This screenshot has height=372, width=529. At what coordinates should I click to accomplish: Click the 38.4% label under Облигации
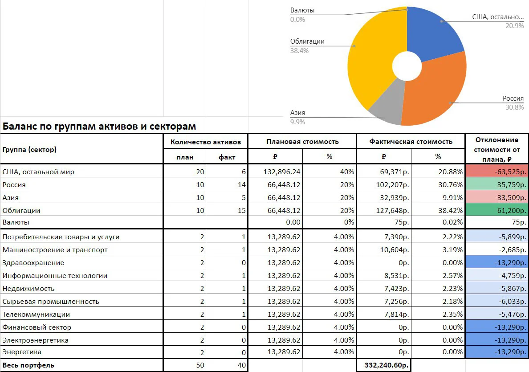299,51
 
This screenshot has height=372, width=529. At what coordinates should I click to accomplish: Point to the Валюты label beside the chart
302,10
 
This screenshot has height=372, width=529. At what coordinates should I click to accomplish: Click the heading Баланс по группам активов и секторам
99,126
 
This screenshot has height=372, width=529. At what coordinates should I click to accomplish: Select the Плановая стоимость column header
302,141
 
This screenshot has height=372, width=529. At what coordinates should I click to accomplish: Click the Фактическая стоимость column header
411,141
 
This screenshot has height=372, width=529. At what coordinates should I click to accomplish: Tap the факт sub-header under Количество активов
227,157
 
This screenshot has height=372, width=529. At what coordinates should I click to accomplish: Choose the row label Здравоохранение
33,263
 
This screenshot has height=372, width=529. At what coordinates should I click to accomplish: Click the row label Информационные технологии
55,275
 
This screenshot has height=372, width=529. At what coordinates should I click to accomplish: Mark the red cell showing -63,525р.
497,172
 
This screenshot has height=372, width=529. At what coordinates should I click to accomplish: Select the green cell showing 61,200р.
497,210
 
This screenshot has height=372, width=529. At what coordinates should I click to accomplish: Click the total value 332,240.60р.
387,365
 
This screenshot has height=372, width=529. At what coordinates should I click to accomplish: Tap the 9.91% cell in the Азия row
452,197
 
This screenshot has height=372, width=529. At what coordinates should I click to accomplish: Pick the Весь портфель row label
28,365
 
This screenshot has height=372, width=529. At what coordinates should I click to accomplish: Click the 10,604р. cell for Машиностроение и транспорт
395,250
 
